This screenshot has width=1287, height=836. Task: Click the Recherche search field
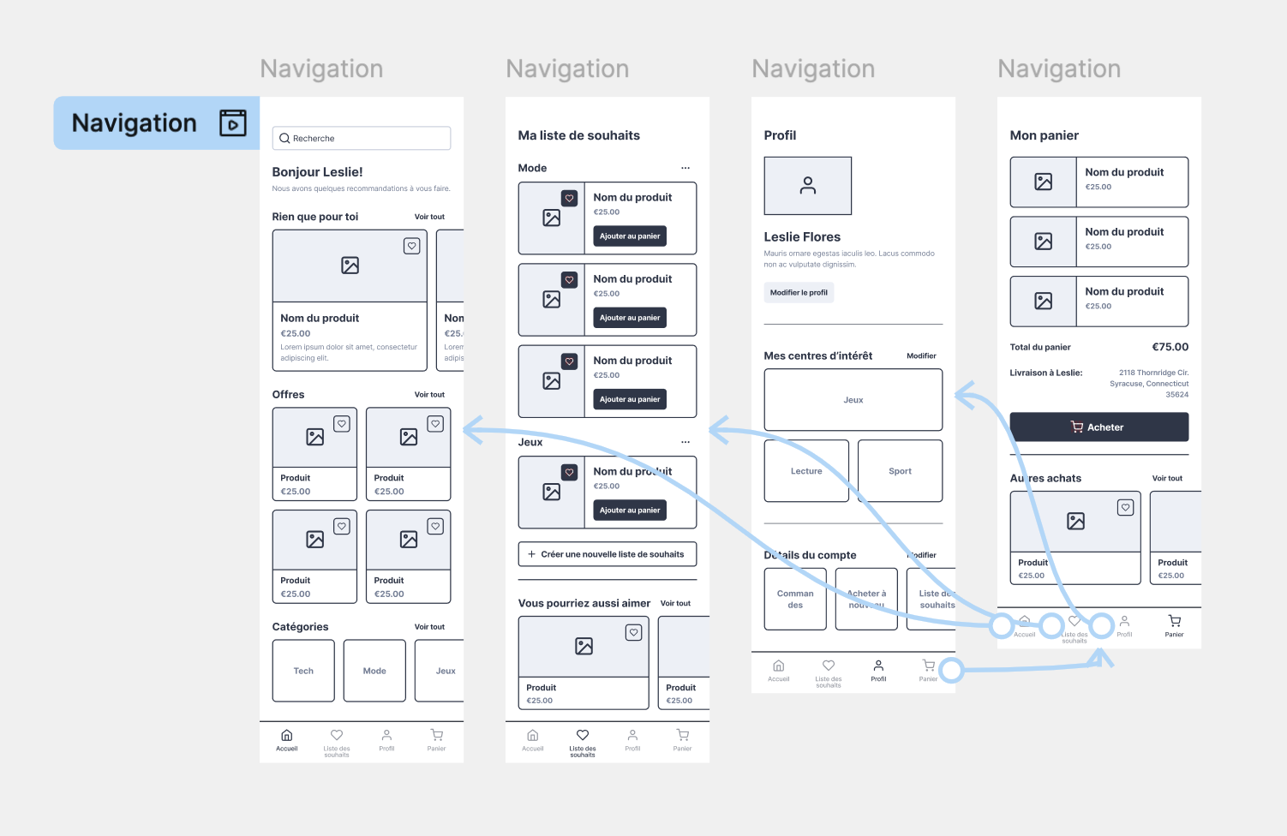tap(361, 138)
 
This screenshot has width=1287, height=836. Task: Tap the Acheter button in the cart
tap(1098, 427)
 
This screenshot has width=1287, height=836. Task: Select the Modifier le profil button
tap(799, 293)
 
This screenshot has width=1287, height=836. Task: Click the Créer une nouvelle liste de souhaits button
tap(607, 554)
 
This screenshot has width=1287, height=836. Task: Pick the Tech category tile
tap(303, 671)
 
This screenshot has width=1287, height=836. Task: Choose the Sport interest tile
tap(900, 471)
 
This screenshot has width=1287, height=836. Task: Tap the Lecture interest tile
tap(805, 471)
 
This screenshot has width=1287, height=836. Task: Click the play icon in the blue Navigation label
tap(233, 123)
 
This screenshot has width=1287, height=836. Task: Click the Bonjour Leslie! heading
tap(317, 172)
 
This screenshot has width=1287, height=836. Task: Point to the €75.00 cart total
tap(1170, 347)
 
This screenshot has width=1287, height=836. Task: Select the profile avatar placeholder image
tap(807, 186)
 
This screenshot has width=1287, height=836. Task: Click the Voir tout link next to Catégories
tap(429, 627)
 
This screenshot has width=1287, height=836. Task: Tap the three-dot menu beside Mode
tap(685, 168)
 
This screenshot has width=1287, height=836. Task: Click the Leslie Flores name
tap(802, 237)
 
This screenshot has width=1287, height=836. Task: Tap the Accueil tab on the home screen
tap(287, 740)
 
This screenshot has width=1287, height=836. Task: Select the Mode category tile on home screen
tap(374, 671)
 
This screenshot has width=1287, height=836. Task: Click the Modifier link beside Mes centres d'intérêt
tap(921, 355)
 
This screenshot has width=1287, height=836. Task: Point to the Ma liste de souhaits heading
tap(579, 135)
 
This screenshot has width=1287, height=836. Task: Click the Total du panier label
tap(1040, 347)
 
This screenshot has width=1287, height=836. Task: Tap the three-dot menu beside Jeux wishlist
tap(685, 442)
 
